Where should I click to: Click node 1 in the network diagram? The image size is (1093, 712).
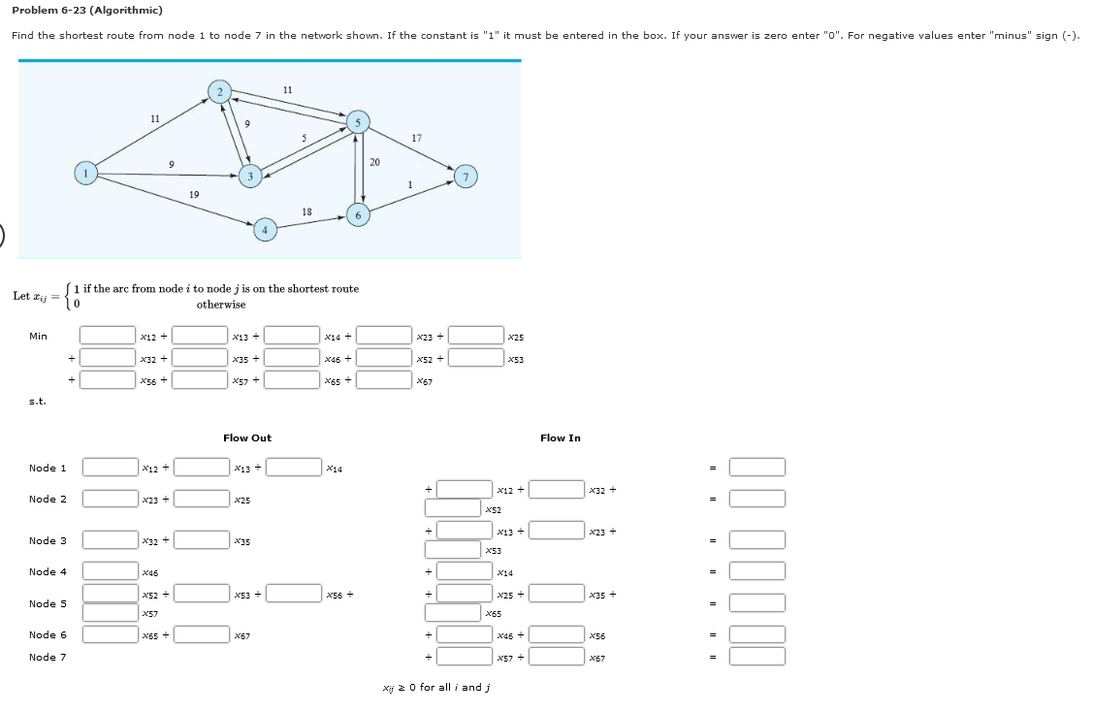pos(86,173)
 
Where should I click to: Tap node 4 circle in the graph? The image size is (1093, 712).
pos(264,230)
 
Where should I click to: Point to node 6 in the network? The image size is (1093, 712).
pos(358,215)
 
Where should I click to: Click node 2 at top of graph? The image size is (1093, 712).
pos(219,92)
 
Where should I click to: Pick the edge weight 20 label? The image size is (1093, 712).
pos(375,161)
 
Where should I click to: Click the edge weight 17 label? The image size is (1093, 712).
pos(416,138)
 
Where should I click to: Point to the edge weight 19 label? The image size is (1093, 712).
pos(194,195)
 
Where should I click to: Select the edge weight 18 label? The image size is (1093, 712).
pos(306,210)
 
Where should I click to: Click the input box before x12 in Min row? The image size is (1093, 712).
pos(108,336)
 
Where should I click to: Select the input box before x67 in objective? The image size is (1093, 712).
pos(385,380)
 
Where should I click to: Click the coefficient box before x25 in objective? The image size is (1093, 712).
pos(476,336)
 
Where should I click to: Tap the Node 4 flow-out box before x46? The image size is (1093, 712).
pos(110,572)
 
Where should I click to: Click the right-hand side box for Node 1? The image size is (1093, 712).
pos(756,468)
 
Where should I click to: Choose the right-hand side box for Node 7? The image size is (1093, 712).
pos(756,657)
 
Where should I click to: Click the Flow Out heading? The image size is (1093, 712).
pos(247,438)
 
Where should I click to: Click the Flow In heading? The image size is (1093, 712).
pos(560,438)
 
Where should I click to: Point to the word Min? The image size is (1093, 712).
pos(38,337)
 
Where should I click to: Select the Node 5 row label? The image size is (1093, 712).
pos(48,603)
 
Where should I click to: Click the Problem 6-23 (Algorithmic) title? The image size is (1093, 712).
pos(87,10)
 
